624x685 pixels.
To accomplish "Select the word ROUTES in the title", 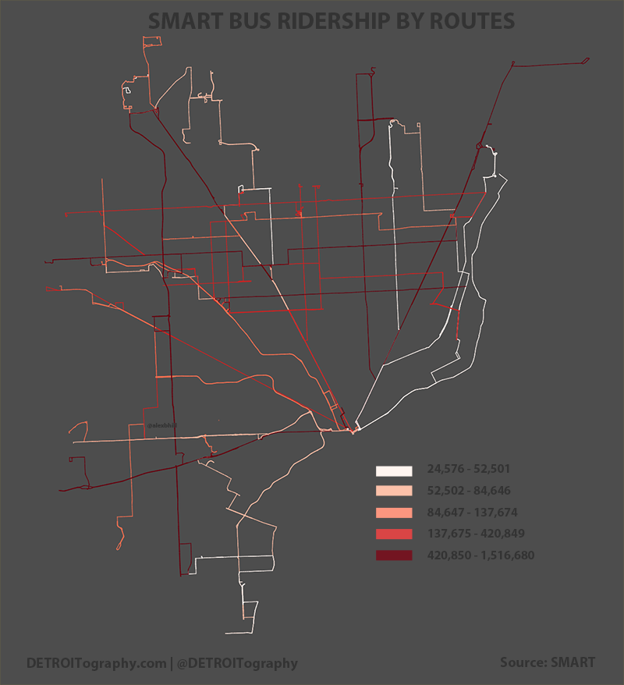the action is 472,20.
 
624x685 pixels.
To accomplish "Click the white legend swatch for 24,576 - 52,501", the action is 393,470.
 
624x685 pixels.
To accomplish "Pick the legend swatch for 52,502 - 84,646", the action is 393,492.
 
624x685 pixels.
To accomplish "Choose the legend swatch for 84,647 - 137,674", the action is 393,513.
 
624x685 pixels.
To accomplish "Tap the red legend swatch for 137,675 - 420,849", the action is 393,534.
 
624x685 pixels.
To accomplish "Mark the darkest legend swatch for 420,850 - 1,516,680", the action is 393,555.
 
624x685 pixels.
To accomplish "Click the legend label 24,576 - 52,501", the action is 468,470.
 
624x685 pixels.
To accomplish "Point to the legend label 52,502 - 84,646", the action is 468,491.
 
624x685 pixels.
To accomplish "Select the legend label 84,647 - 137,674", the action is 472,513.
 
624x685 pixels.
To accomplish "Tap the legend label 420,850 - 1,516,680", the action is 480,555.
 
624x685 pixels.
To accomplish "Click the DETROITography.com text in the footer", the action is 95,663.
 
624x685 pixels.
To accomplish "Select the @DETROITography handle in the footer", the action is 237,663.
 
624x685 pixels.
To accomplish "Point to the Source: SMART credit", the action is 548,662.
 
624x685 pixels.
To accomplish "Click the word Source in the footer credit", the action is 523,662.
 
